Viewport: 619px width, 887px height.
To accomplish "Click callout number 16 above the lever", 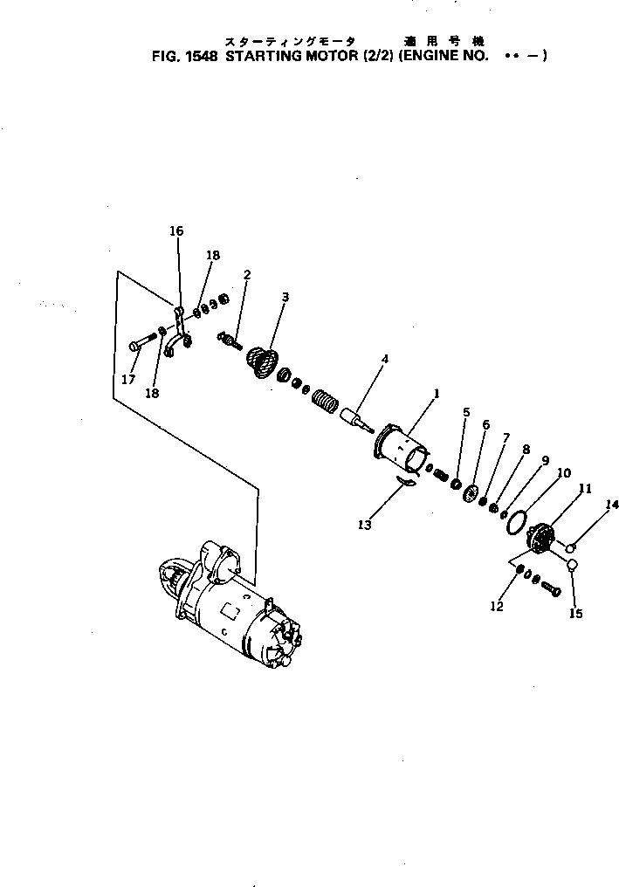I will tap(176, 231).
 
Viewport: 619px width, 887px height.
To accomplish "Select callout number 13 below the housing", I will tap(364, 525).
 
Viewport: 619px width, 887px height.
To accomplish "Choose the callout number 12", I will tap(497, 607).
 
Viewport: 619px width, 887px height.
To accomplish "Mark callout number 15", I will tap(575, 614).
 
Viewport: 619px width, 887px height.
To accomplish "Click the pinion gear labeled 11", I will tap(543, 537).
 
